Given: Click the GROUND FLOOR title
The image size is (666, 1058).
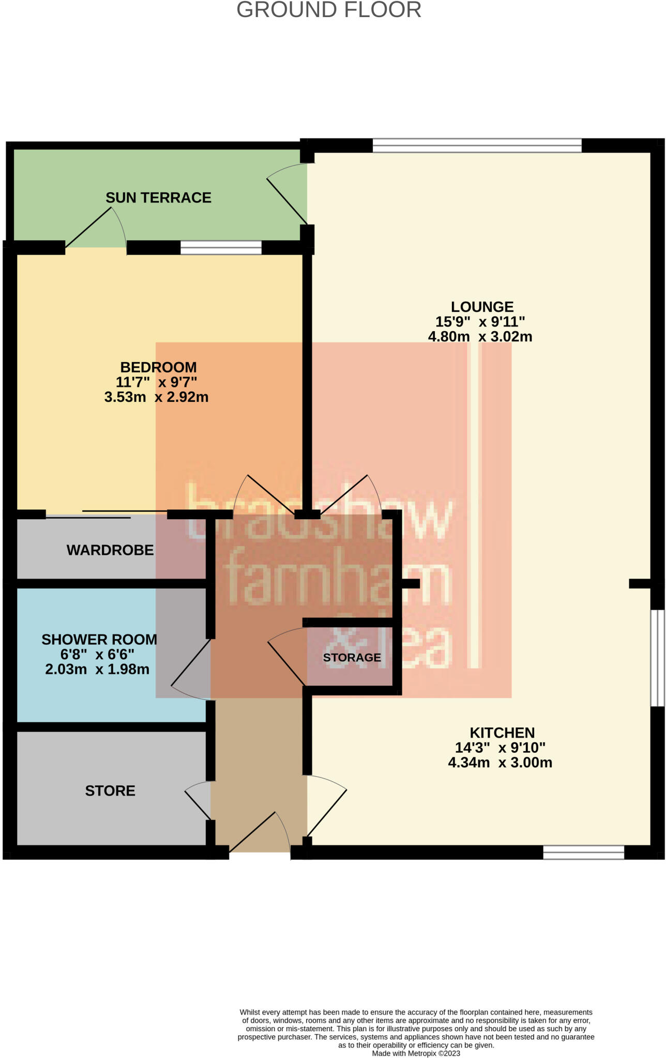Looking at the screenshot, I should [x=329, y=10].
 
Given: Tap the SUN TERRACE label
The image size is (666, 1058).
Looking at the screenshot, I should [x=158, y=198].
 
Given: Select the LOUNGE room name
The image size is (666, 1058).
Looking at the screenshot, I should [x=482, y=307].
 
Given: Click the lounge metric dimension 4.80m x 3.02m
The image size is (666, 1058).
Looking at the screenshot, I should [x=480, y=337].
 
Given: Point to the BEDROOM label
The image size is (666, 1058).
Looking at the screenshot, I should [x=158, y=367].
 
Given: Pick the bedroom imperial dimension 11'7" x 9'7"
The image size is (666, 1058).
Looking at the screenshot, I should [x=157, y=382].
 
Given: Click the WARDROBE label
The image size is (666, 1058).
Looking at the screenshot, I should [x=110, y=550].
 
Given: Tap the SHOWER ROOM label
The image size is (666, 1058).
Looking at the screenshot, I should [x=99, y=640].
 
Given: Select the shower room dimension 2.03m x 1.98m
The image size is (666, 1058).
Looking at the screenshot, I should [x=97, y=670].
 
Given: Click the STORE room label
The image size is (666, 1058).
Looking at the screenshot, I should [x=110, y=791].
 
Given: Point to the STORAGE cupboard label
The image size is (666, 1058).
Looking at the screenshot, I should [x=352, y=658].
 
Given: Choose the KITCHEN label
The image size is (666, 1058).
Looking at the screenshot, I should [x=502, y=733].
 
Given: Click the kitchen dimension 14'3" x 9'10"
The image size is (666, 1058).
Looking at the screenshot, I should [x=500, y=748].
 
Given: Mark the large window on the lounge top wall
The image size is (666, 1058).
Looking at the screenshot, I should [x=477, y=146].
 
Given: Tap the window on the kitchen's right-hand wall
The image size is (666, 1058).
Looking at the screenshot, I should [x=657, y=658].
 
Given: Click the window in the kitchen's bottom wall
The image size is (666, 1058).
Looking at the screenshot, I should [x=583, y=852].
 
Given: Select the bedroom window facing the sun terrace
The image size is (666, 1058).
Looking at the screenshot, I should [x=221, y=248].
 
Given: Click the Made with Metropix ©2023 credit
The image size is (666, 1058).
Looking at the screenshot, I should [x=416, y=1053].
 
